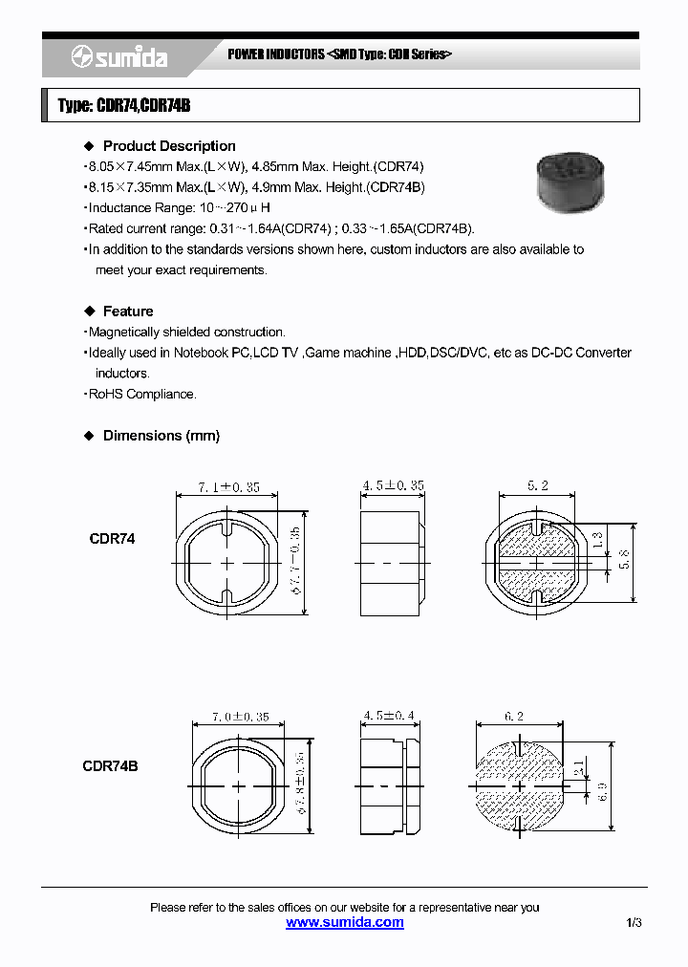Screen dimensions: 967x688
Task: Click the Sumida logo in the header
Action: pyautogui.click(x=119, y=58)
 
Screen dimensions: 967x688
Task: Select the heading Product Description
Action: pyautogui.click(x=168, y=146)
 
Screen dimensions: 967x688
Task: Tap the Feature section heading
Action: pyautogui.click(x=127, y=312)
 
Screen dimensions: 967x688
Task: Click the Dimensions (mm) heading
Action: pyautogui.click(x=161, y=436)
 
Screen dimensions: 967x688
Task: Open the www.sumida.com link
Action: pyautogui.click(x=345, y=922)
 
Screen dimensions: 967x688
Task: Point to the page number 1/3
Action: pyautogui.click(x=634, y=923)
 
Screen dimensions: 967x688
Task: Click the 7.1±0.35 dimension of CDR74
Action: pyautogui.click(x=228, y=487)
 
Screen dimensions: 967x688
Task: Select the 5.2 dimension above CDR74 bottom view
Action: pyautogui.click(x=538, y=486)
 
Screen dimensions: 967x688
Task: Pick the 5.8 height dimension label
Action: pyautogui.click(x=624, y=560)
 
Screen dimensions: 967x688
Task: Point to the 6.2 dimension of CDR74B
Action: pyautogui.click(x=513, y=716)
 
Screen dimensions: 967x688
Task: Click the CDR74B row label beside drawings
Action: pyautogui.click(x=110, y=766)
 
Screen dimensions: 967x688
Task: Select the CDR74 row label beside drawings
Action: pyautogui.click(x=112, y=539)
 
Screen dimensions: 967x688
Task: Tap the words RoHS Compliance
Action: pyautogui.click(x=142, y=394)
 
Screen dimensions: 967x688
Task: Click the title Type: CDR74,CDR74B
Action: pyautogui.click(x=124, y=106)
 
